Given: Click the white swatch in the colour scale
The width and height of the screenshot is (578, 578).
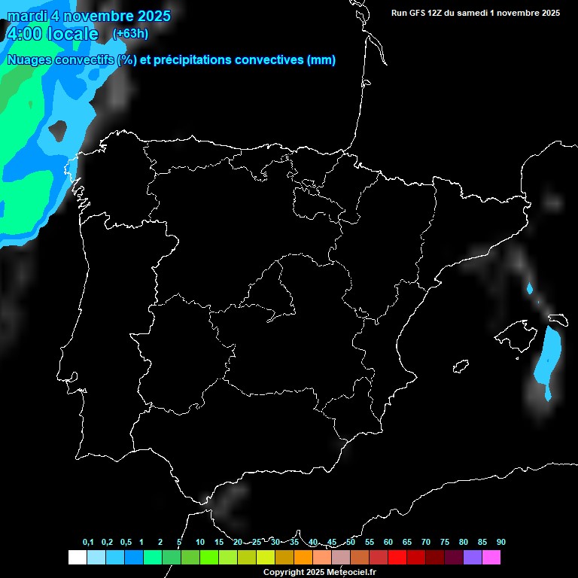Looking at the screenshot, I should pos(77,558).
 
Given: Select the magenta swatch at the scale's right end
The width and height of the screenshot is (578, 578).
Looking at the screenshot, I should pos(491,558).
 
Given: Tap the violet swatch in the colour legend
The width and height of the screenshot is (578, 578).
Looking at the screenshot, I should pos(473,558).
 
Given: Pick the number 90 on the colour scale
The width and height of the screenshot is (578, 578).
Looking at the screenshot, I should pos(500,543).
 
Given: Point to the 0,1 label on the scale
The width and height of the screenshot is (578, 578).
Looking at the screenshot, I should pos(88,543).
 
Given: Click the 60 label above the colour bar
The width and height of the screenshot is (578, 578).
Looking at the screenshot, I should pos(388,543).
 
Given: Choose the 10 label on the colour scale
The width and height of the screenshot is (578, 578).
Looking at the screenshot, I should pos(199,543).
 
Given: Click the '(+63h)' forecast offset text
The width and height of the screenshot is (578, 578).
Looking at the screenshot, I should pos(130,33).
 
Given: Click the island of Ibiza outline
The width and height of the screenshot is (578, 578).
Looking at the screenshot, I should pos(461,366).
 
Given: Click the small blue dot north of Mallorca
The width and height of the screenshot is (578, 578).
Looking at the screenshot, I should pos(530,288).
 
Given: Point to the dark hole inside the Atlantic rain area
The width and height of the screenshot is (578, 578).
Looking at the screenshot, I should pos(58,130).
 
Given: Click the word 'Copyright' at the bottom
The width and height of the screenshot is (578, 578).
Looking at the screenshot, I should pos(283,573).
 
